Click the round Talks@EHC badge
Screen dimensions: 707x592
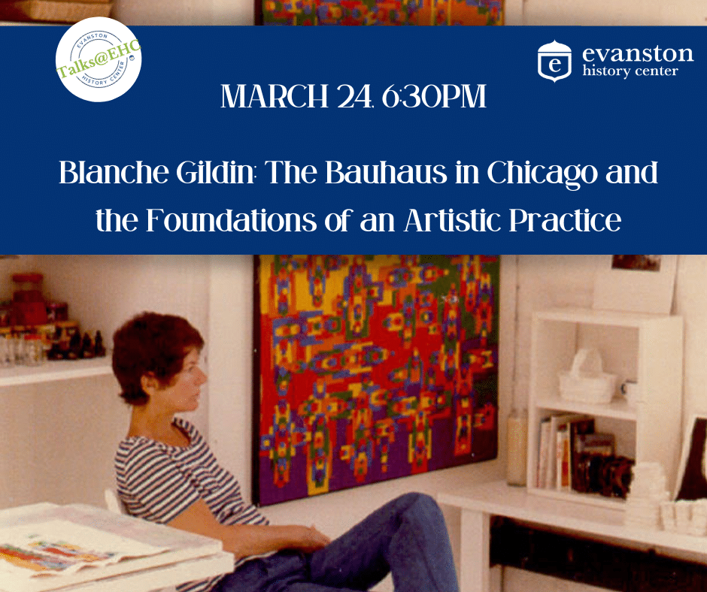pyautogui.click(x=99, y=59)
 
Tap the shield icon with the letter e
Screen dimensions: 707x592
pyautogui.click(x=554, y=62)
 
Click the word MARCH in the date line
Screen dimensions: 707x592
pyautogui.click(x=274, y=96)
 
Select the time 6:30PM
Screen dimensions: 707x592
pyautogui.click(x=434, y=96)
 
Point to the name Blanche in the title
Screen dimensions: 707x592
pyautogui.click(x=114, y=173)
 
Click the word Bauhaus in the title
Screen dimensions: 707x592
pyautogui.click(x=386, y=173)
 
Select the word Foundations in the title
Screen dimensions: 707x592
pyautogui.click(x=232, y=220)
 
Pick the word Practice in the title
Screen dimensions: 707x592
pyautogui.click(x=565, y=220)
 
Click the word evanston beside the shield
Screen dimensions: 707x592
pyautogui.click(x=638, y=53)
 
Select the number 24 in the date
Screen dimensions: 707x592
pyautogui.click(x=354, y=96)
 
